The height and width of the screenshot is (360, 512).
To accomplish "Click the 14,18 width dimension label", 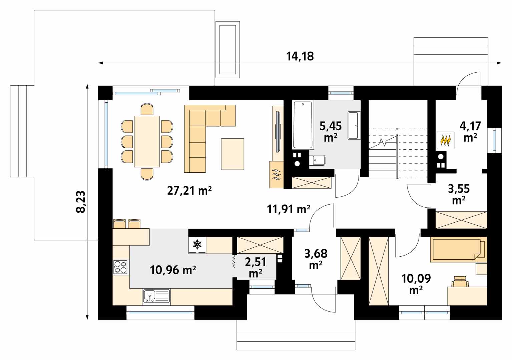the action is point(300,56).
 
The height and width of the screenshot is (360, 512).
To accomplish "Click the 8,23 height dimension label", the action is point(81,202).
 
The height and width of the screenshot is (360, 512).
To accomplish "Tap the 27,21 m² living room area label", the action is point(189,191).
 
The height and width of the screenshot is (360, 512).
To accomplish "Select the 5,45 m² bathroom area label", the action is point(331,132).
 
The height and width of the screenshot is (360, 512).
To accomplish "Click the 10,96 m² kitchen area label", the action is point(173,270).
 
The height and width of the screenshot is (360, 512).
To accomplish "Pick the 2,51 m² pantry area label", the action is point(255,267).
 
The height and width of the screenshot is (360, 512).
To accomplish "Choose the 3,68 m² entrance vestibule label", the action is point(316,259).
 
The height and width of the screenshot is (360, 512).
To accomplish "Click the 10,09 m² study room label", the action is point(416,284).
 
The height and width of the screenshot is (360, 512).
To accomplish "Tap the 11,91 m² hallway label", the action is point(289,209).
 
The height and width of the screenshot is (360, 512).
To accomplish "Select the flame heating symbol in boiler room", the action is point(446,140).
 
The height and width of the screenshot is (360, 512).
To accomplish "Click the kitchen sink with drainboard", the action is point(156,296).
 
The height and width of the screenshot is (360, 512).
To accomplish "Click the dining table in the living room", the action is point(147,142).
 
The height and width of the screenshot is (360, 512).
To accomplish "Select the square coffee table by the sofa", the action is point(232,154).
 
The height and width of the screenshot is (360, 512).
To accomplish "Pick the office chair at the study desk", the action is point(460,281).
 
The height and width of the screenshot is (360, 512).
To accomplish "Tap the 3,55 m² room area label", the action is point(459,194).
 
